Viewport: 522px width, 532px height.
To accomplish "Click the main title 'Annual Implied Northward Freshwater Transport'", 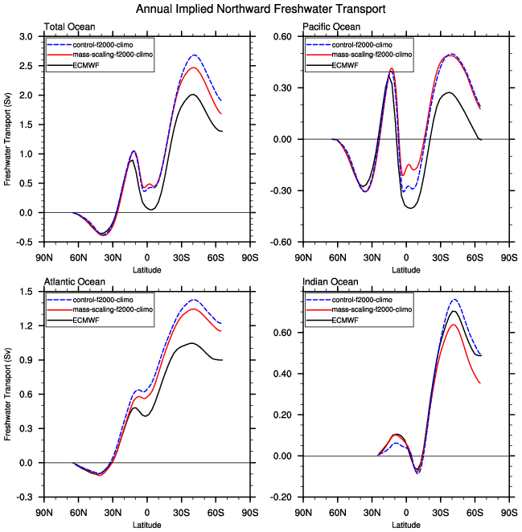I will click(x=261, y=9).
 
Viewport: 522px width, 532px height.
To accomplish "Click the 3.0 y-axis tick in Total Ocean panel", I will click(x=27, y=37).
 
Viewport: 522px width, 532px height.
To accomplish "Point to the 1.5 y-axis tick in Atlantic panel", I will click(x=27, y=291).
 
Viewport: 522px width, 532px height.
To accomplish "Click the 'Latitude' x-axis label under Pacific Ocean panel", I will click(x=405, y=269).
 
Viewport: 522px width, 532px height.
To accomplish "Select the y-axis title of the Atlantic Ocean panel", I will click(x=8, y=394).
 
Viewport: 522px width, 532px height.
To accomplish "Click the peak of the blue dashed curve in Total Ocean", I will click(x=195, y=55).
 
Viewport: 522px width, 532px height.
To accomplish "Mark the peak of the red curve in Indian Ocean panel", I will click(x=453, y=325).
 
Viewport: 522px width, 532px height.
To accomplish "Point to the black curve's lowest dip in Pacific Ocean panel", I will click(x=411, y=208).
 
